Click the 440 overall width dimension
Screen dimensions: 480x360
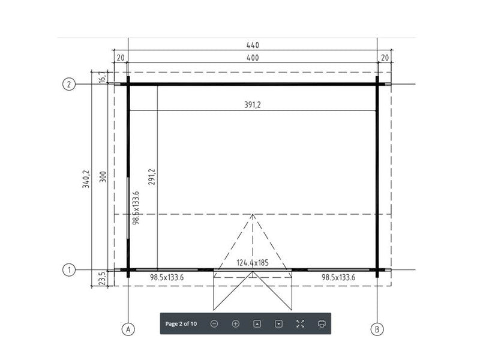[x=253, y=46]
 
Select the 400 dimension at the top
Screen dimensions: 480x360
[x=253, y=58]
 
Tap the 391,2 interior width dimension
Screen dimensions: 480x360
[x=252, y=104]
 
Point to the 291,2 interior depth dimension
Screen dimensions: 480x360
[x=152, y=176]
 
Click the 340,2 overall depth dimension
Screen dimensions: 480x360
[x=86, y=179]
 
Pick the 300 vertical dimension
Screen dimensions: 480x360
[x=103, y=176]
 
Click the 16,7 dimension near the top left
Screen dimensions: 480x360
[x=103, y=77]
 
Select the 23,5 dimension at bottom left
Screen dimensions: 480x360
[x=103, y=278]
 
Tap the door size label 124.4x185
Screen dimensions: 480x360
[x=253, y=263]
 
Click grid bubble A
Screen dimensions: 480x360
[x=128, y=329]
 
